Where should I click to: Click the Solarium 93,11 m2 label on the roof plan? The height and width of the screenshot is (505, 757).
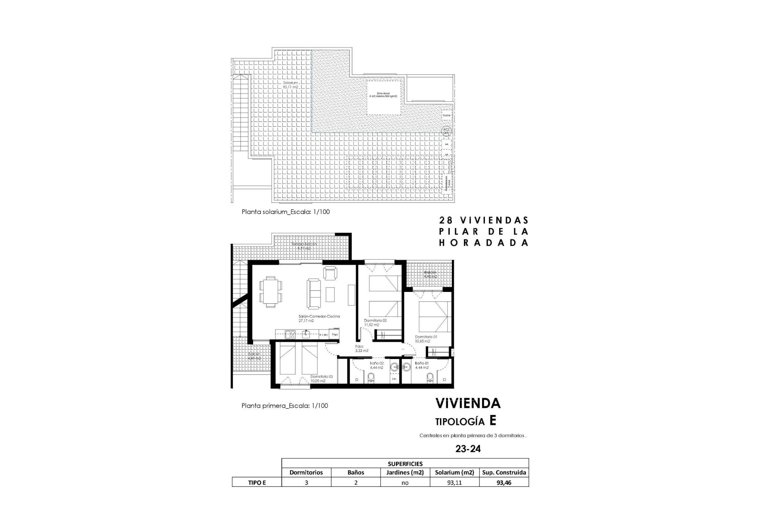(290, 85)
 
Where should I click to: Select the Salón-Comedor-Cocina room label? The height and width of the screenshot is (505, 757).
(319, 318)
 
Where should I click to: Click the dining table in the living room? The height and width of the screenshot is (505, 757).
(271, 292)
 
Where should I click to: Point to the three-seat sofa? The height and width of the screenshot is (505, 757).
(314, 294)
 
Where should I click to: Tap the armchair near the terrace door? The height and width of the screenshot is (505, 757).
(330, 273)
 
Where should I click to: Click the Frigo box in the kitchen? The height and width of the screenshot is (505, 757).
(335, 335)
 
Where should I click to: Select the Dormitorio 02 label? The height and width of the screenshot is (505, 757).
(375, 322)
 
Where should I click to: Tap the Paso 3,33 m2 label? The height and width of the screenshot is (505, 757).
(361, 348)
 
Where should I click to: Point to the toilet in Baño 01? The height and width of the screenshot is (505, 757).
(431, 378)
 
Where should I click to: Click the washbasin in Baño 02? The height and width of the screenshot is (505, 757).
(393, 367)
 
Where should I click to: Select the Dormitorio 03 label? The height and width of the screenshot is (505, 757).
(321, 379)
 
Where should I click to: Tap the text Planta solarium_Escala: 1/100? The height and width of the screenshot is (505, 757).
(285, 212)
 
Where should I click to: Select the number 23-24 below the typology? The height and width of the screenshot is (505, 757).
(468, 449)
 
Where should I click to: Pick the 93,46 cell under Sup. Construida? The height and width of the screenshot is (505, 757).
(503, 482)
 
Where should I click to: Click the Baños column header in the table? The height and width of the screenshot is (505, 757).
(356, 472)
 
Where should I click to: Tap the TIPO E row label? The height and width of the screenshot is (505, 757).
(257, 482)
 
